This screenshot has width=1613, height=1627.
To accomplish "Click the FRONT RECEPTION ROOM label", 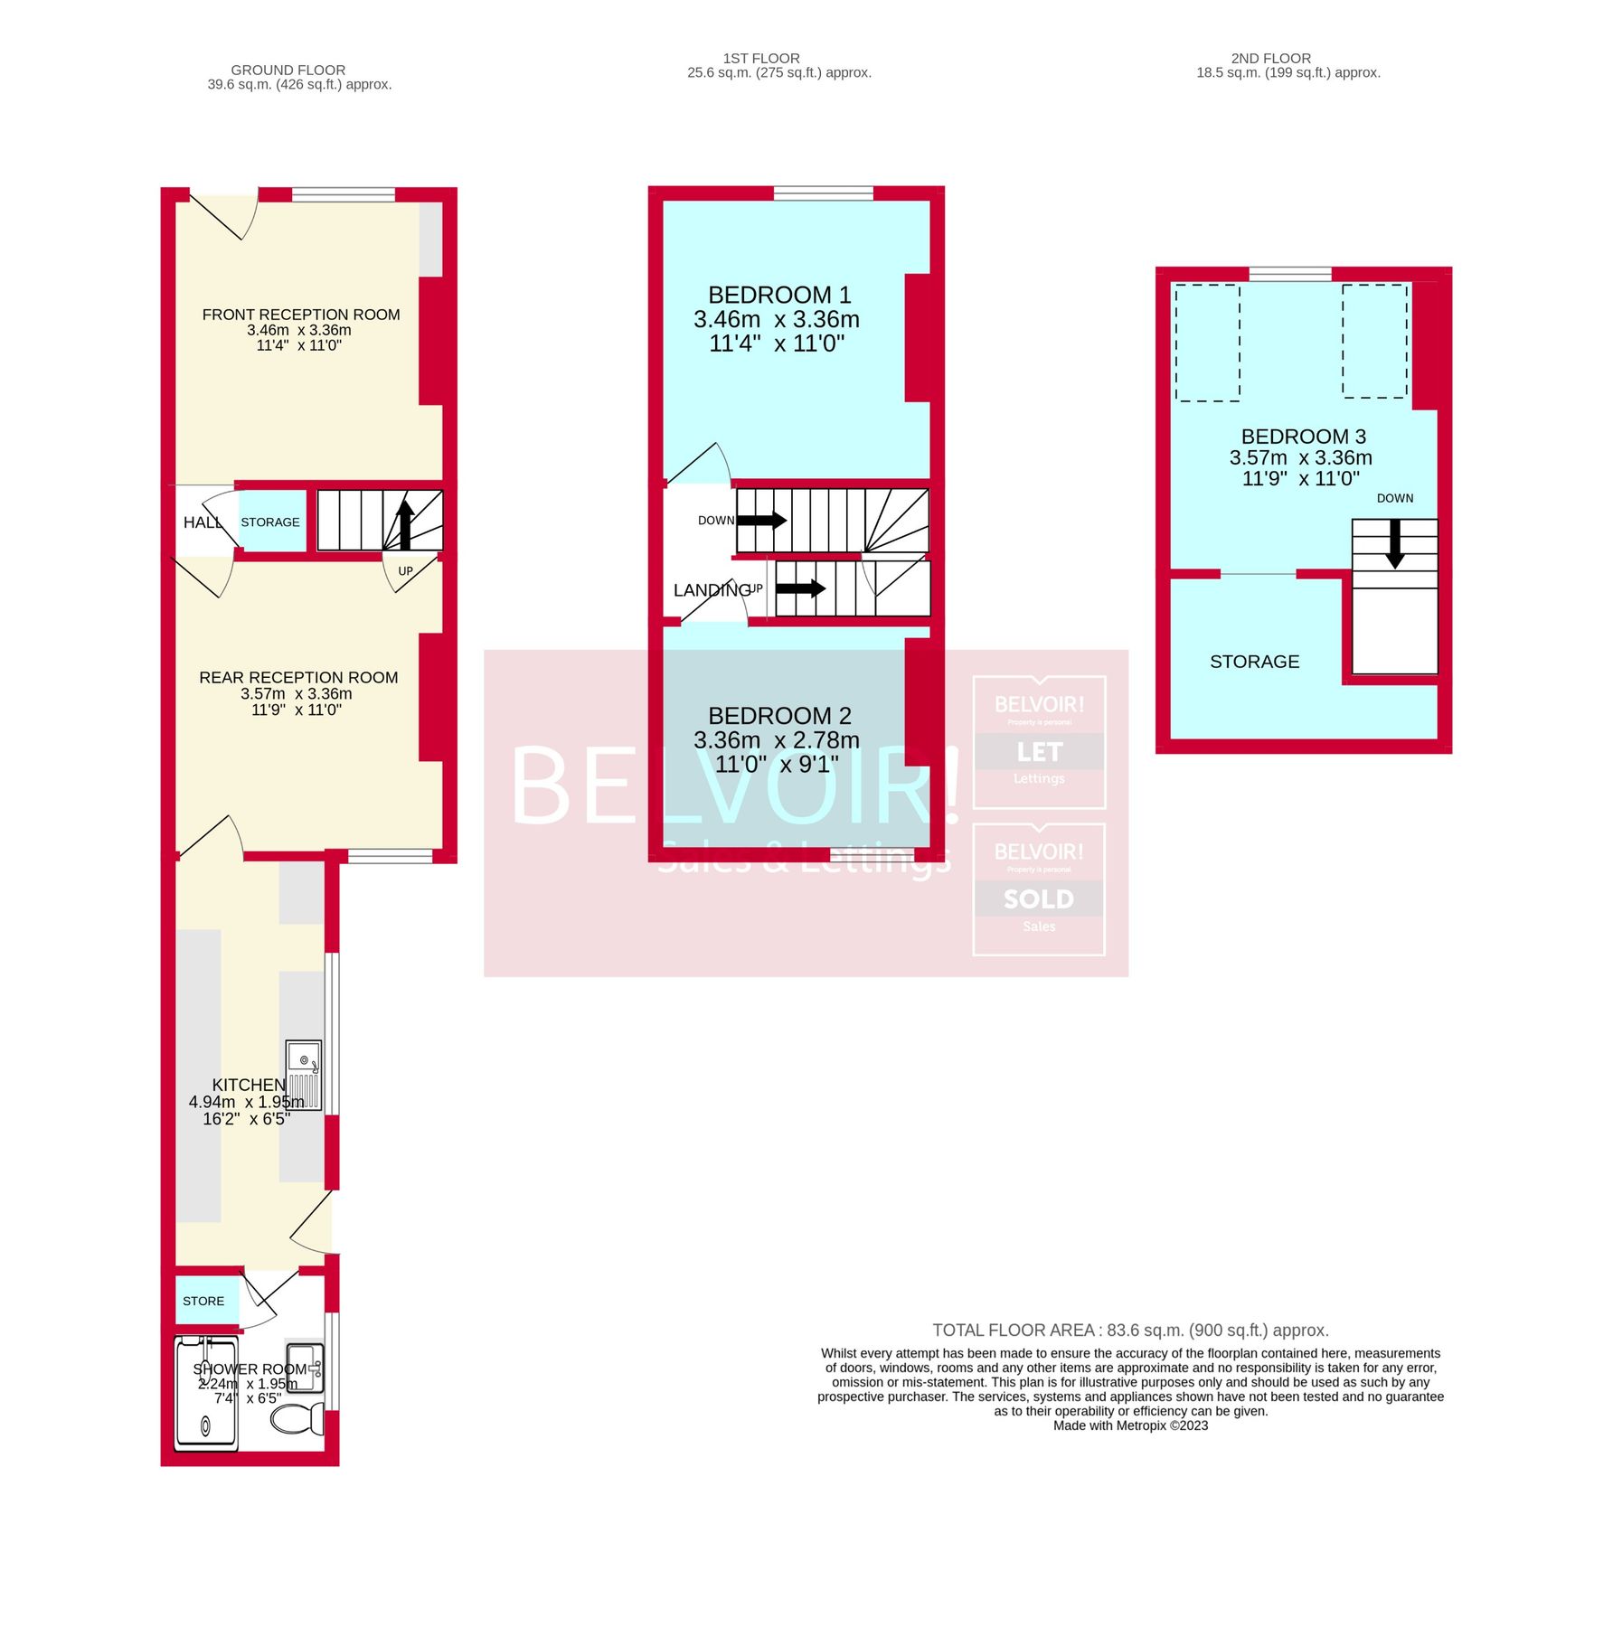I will [300, 315].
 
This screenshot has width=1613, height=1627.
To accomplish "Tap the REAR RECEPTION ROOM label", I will [298, 678].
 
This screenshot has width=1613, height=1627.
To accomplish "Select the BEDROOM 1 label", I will [779, 296].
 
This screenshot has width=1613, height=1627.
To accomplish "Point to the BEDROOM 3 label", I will [1303, 437].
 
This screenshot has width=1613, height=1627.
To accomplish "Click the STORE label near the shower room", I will [203, 1302].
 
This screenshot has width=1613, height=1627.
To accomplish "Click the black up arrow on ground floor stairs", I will [405, 525].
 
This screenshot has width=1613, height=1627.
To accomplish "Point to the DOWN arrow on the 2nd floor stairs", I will [1395, 545].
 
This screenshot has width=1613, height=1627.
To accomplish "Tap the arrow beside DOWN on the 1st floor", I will [763, 521].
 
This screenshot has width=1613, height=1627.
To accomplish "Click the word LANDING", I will [712, 590].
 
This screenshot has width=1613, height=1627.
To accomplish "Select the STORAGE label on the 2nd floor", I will [1254, 662].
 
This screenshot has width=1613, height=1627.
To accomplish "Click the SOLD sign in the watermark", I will [1039, 899].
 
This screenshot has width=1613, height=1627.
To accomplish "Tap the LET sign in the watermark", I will [1039, 752].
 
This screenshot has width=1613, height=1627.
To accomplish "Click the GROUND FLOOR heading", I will [288, 70].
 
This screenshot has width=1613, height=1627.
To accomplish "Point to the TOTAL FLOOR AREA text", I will [1130, 1331].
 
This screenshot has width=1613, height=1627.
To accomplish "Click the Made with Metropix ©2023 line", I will [1130, 1425].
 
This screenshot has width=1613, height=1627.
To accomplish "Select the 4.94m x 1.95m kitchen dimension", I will [246, 1102].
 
